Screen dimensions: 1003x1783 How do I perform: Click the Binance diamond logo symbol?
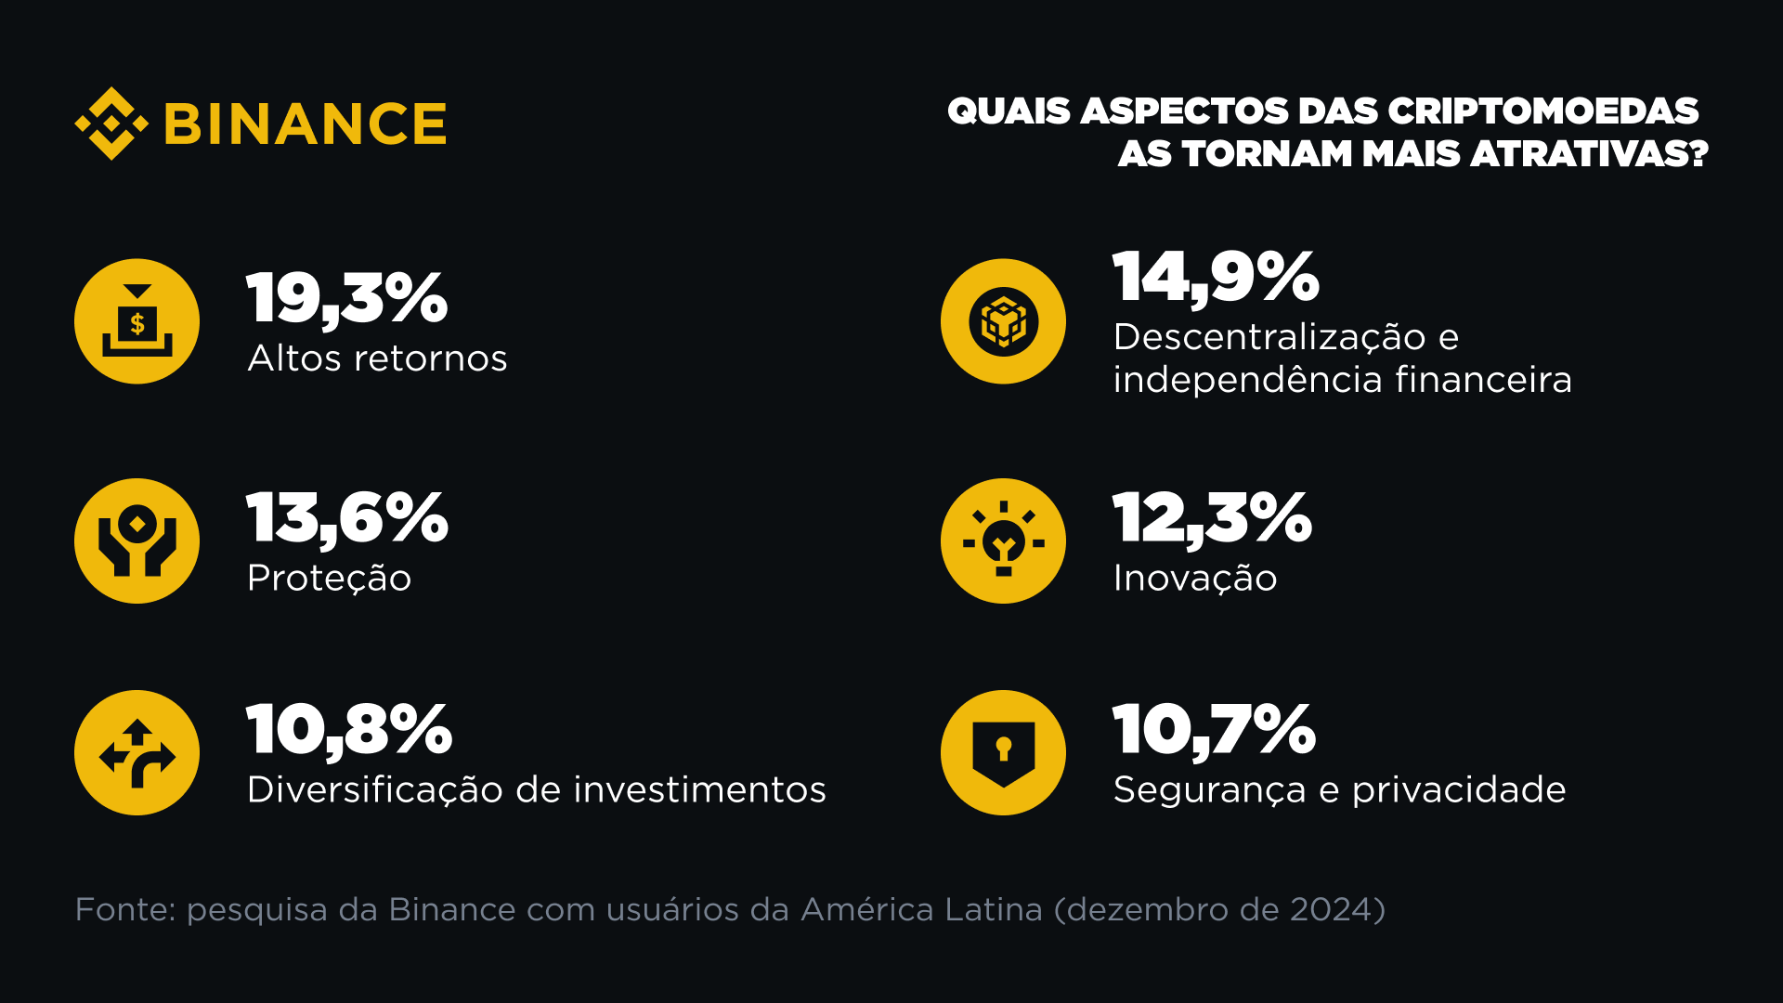111,124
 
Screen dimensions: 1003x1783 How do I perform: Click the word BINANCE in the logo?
306,124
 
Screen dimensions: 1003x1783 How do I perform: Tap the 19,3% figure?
347,299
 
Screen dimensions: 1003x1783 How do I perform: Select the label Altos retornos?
377,358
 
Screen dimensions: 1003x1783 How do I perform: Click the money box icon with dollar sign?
137,321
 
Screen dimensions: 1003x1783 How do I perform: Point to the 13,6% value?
347,518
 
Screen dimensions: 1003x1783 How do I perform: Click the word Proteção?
329,579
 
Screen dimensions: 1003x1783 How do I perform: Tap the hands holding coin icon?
137,541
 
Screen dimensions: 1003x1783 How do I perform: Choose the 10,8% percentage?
349,730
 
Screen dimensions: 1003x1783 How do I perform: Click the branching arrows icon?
137,753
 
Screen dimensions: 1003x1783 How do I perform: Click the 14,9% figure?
1216,277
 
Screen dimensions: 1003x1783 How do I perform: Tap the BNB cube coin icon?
1003,321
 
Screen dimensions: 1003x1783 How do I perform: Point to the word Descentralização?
1269,337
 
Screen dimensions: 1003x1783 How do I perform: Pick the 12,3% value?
1212,518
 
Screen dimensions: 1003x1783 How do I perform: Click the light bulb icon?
1003,541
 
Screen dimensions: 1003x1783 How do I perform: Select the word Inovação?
1195,579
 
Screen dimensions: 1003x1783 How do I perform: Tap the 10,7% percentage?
1214,730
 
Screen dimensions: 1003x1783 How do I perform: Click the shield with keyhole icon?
1003,753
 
